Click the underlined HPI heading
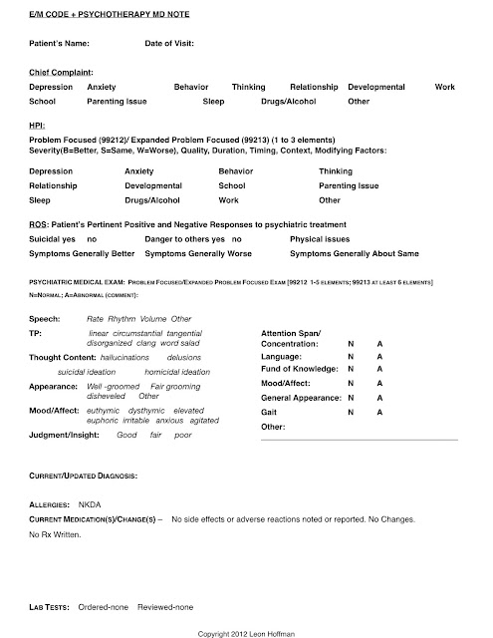click(38, 128)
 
